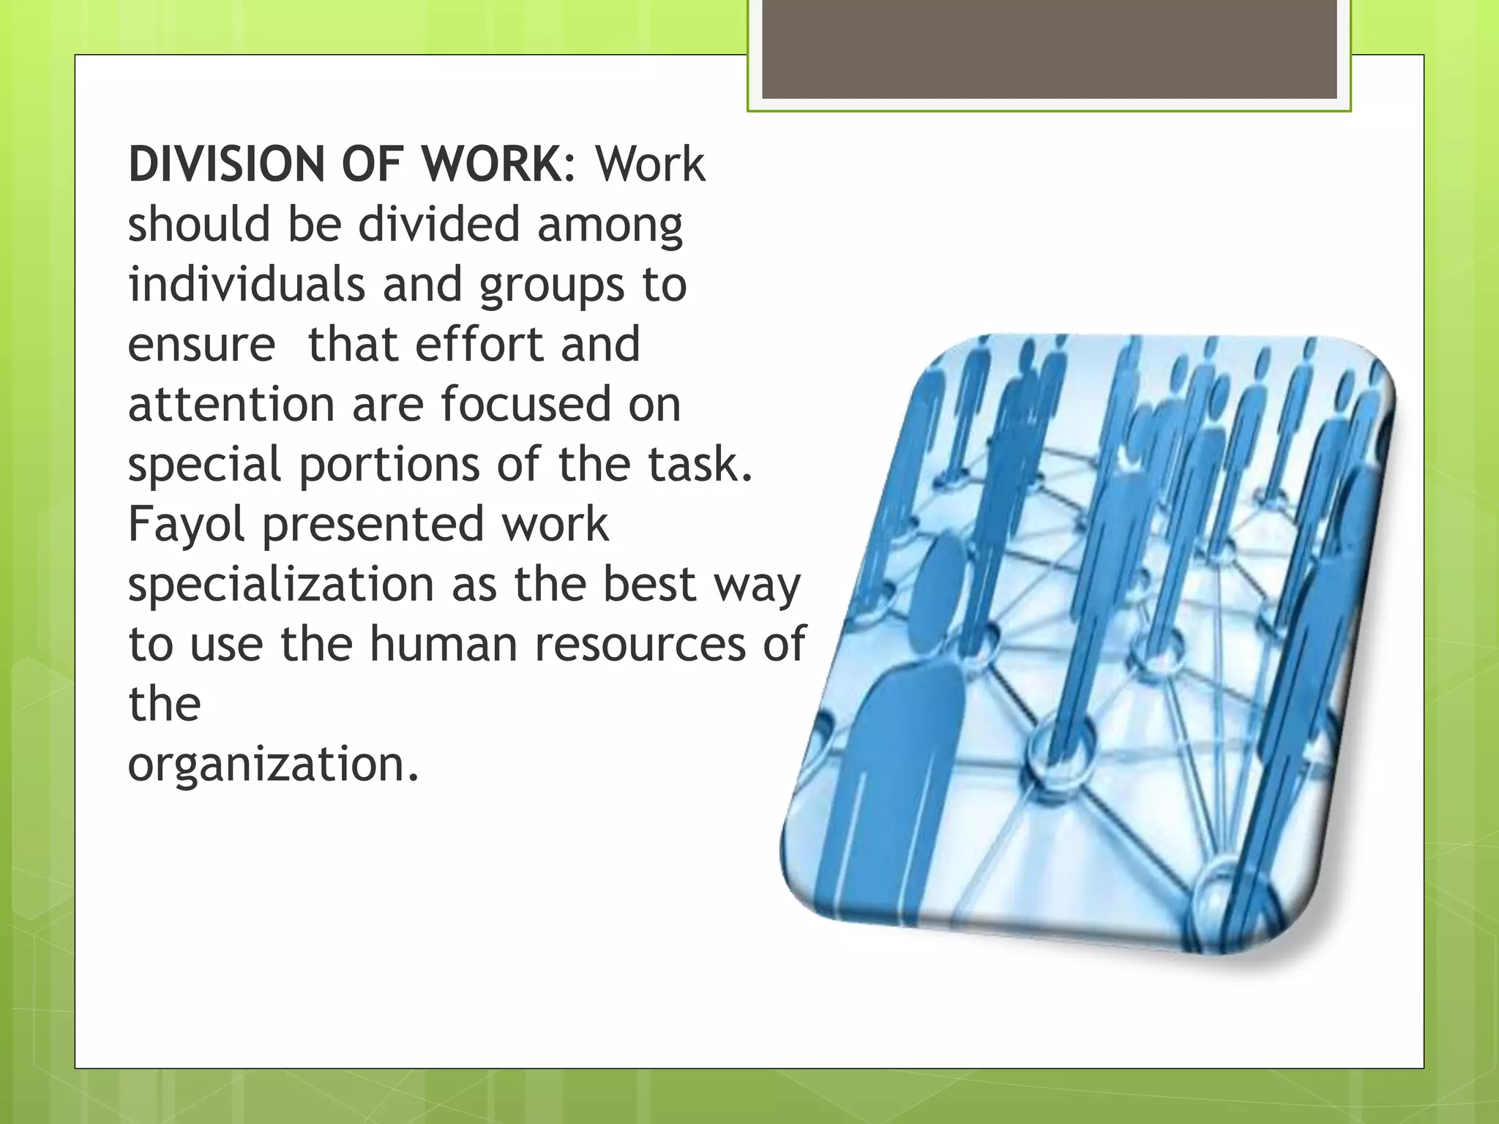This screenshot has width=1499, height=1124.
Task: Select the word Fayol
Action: (187, 525)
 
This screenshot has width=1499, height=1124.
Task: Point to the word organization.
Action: (273, 765)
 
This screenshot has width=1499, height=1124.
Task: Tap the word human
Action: (444, 645)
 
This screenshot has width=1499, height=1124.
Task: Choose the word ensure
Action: (201, 345)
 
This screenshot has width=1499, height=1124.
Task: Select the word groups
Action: (552, 285)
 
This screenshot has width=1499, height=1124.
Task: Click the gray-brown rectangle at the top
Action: (1049, 50)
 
